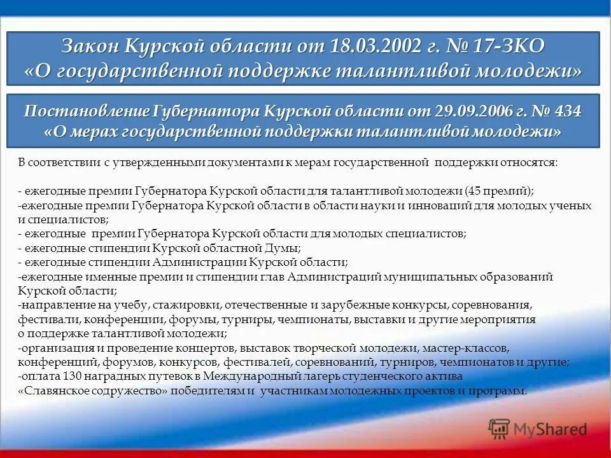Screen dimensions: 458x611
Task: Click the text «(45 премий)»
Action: pos(499,191)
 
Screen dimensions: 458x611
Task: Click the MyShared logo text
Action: pos(550,429)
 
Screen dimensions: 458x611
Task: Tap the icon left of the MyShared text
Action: pos(500,429)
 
